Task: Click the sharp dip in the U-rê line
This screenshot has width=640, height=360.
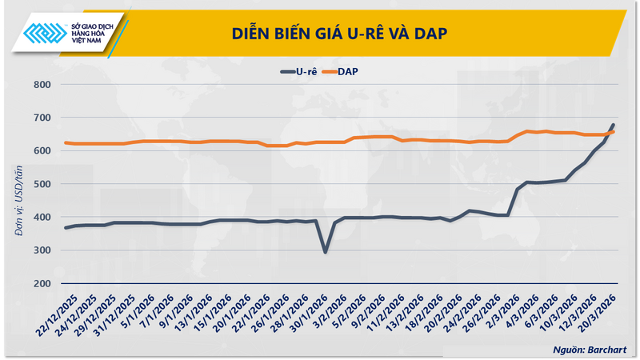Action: pyautogui.click(x=325, y=252)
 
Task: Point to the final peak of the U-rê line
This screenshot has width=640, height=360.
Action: pyautogui.click(x=613, y=126)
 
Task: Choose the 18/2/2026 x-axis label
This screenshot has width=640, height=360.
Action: pyautogui.click(x=422, y=314)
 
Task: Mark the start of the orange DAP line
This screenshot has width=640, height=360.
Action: pyautogui.click(x=66, y=142)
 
